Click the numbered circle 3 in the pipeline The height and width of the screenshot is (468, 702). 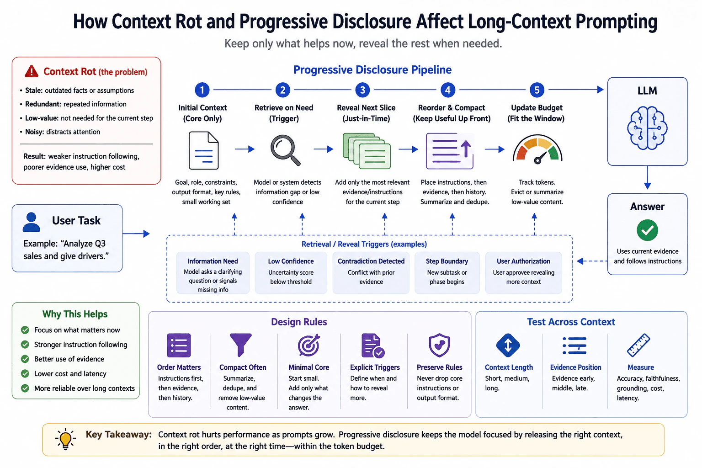point(362,90)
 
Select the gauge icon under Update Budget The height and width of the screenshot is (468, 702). point(537,149)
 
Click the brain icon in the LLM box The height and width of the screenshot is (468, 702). point(647,128)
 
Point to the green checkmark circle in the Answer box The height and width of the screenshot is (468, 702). point(647,230)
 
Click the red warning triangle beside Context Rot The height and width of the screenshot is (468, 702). point(32,71)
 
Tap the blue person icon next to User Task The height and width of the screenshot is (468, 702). point(32,222)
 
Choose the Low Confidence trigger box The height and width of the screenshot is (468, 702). point(291,273)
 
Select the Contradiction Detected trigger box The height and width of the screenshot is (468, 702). point(371,273)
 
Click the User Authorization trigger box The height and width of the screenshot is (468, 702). point(523,273)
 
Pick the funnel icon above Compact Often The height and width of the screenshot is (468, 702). point(240,345)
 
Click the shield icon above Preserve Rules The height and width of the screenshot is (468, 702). point(439,345)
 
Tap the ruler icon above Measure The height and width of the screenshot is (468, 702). point(638,345)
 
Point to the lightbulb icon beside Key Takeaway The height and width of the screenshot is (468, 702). point(65,439)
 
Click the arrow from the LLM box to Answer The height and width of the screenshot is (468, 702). point(648,177)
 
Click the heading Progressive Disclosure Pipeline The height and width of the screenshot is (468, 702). point(372,69)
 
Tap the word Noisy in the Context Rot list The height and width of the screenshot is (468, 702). point(34,132)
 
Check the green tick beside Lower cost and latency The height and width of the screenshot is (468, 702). point(25,374)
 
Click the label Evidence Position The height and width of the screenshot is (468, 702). point(576,367)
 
